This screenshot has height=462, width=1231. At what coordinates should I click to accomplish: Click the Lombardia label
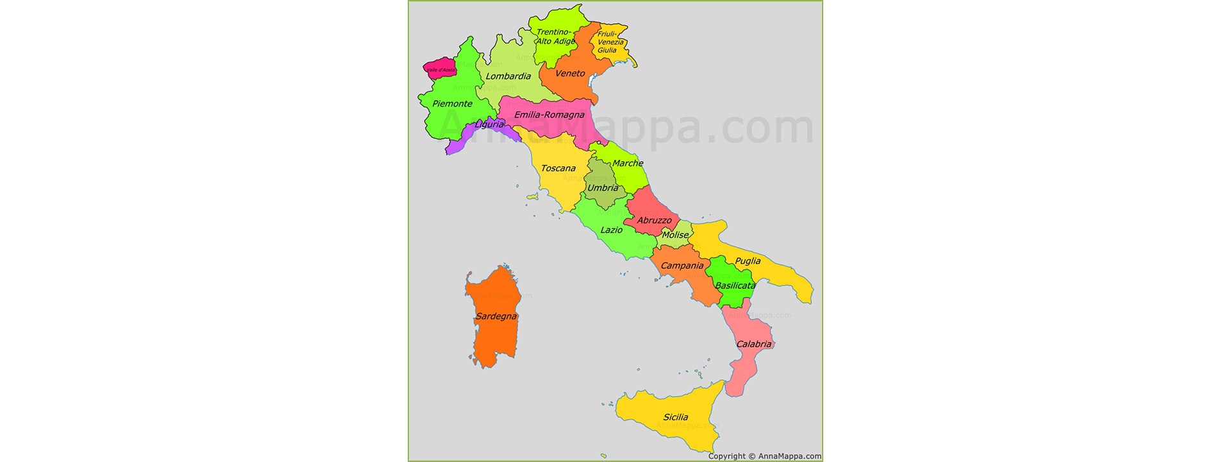pos(508,76)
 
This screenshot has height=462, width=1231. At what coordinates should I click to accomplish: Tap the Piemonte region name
pos(452,104)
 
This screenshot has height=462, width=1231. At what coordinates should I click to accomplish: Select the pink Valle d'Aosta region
pos(440,69)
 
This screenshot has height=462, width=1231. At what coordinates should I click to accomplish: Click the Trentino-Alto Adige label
pos(555,37)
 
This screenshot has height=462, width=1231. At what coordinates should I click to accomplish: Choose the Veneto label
pos(570,74)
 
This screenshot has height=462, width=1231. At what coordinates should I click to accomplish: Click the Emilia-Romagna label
pos(549,116)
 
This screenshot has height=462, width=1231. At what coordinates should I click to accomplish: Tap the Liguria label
pos(489,124)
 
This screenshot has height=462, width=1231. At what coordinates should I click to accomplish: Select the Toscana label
pos(558,169)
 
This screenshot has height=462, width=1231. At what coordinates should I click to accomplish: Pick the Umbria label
pos(603,188)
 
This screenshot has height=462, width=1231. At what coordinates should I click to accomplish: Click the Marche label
pos(627,164)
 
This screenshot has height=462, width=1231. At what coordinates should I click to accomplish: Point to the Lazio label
pos(611,230)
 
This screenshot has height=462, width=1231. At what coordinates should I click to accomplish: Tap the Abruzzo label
pos(654,221)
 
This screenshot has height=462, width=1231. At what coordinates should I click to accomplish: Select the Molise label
pos(675,235)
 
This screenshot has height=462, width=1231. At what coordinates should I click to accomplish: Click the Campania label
pos(682,266)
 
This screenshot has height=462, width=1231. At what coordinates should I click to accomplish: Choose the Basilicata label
pos(735,286)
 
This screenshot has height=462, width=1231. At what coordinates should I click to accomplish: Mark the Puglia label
pos(748,261)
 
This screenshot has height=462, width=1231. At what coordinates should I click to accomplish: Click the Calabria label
pos(753,345)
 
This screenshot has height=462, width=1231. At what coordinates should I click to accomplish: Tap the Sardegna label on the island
pos(496,316)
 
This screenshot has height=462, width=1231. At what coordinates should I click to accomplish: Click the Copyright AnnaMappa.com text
pos(764,456)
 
